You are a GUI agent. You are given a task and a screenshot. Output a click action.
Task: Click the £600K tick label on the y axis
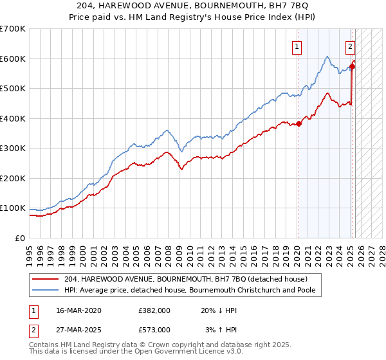[x=13, y=59]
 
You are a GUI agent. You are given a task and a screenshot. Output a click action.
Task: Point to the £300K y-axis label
[x=13, y=148]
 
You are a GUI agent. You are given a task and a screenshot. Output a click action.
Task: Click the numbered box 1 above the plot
[x=297, y=46]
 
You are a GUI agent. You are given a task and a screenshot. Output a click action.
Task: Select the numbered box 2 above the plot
[x=350, y=46]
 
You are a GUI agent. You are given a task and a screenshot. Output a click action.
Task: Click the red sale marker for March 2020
[x=299, y=124]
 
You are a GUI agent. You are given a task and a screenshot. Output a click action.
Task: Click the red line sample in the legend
[x=46, y=279]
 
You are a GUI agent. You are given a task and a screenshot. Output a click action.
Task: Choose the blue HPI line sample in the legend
[x=46, y=290]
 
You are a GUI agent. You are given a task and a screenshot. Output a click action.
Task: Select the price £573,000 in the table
[x=154, y=329]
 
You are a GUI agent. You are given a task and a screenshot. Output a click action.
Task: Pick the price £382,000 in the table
[x=154, y=310]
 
